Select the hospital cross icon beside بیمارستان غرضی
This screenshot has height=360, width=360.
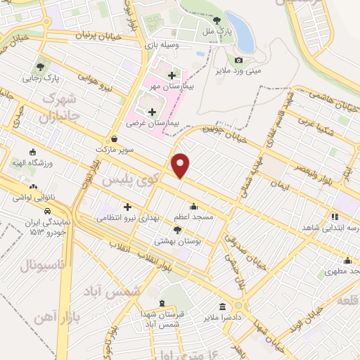click(x=152, y=111)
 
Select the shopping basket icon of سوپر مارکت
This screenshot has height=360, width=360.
click(x=115, y=139)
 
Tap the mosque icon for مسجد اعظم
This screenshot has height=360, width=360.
click(x=193, y=207)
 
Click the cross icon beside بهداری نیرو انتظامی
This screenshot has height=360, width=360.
click(x=127, y=207)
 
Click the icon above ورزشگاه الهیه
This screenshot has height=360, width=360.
click(x=33, y=152)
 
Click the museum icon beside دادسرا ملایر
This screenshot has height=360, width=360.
click(x=223, y=307)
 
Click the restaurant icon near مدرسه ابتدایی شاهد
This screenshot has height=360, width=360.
click(x=335, y=217)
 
